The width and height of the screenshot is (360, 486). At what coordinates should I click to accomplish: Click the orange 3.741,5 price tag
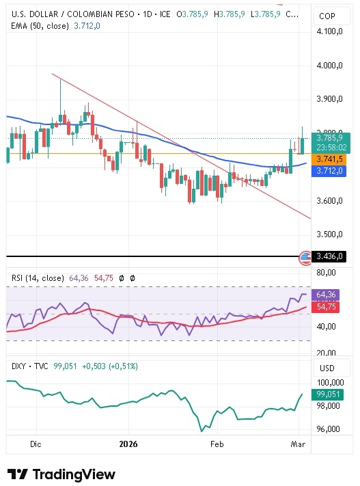[x=331, y=159]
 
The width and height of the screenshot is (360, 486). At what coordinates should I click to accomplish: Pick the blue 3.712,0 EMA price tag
[x=331, y=171]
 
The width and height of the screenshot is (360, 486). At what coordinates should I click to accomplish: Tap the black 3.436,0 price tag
[x=331, y=257]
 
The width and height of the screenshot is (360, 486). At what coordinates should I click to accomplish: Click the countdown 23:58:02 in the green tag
[x=333, y=147]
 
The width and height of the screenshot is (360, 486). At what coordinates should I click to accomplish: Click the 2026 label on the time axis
[x=128, y=444]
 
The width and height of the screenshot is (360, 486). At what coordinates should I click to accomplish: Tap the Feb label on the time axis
[x=217, y=444]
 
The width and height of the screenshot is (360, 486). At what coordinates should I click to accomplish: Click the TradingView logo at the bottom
[x=61, y=474]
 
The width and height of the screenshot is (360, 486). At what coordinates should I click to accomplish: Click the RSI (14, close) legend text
[x=38, y=278]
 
